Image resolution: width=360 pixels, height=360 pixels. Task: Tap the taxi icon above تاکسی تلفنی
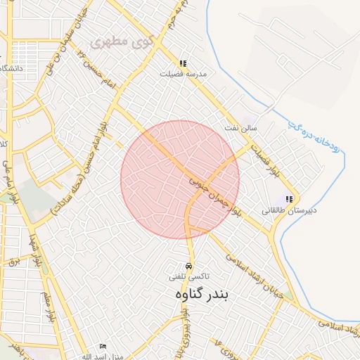point(188,266)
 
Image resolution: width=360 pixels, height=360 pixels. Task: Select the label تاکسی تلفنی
point(188,278)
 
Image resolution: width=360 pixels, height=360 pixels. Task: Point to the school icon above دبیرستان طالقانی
point(289,200)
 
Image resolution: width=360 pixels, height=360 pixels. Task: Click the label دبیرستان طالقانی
point(290,210)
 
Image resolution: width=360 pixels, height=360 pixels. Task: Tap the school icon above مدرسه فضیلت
point(184,63)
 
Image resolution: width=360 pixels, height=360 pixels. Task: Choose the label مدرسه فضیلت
point(183,74)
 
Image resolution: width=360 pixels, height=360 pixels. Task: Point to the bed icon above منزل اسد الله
point(103,347)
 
